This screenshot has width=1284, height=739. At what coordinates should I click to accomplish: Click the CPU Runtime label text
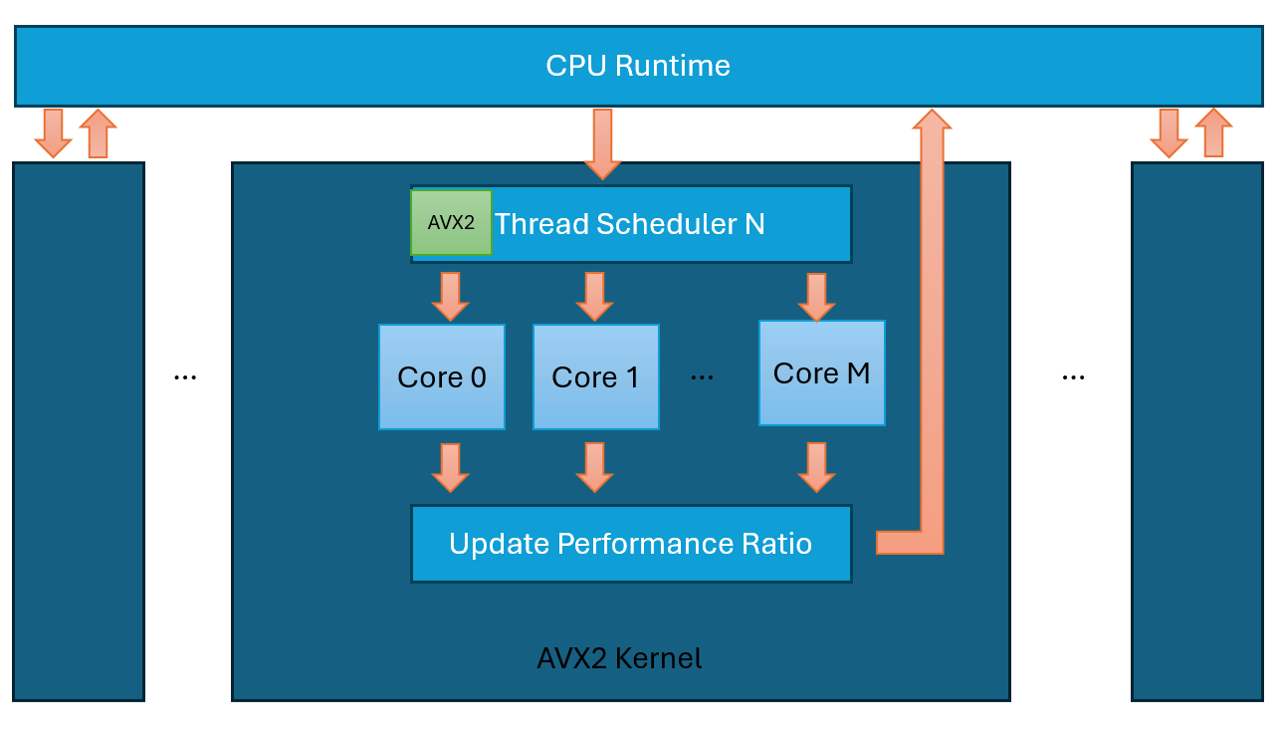638,66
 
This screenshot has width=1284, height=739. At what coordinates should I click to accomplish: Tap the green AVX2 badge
451,223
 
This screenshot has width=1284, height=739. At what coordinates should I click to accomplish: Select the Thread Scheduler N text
629,224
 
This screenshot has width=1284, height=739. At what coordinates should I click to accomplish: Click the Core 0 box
442,377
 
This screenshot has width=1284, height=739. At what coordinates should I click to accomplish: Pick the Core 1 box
595,377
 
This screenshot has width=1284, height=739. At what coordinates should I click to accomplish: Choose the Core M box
821,373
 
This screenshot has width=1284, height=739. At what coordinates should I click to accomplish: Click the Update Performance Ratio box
631,544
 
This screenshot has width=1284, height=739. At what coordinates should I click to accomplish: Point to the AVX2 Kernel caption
619,658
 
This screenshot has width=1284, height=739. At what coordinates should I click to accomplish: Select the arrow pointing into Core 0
450,296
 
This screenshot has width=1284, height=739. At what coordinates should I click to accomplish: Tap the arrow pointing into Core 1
594,296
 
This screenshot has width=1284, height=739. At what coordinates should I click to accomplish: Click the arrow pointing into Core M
816,296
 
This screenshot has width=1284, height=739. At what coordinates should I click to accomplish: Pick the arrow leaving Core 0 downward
450,467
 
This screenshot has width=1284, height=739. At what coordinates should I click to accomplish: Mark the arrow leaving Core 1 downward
594,467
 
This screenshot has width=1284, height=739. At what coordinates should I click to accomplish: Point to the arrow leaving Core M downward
816,467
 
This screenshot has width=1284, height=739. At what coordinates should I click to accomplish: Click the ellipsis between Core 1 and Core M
702,378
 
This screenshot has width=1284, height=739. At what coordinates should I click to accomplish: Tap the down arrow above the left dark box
53,133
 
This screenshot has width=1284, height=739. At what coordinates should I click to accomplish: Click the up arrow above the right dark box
1213,133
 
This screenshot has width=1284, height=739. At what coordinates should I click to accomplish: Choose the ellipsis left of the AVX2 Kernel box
185,378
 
